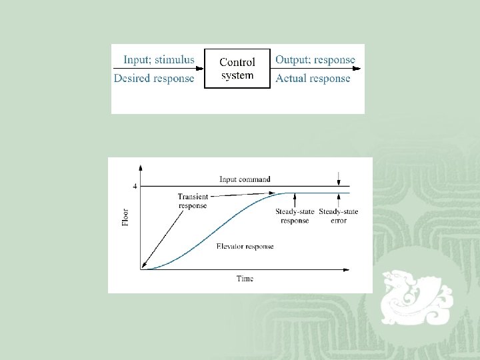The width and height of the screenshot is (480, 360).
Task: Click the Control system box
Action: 237,69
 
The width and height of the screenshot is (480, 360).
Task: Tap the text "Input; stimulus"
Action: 159,60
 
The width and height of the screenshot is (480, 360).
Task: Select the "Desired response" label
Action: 154,79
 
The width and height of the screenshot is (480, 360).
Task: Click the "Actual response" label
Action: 313,79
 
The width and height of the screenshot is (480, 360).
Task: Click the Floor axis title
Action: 125,216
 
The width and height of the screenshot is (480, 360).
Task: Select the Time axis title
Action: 245,278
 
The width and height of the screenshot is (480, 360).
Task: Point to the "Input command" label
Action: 245,179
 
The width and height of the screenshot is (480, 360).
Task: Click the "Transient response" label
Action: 193,201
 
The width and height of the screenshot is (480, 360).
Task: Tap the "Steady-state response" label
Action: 295,216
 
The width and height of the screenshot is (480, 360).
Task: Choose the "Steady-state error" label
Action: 339,216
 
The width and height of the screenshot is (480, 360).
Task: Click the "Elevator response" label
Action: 245,247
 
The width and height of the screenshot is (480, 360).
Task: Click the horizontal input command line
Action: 200,186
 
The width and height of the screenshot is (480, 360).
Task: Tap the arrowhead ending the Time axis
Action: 345,269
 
